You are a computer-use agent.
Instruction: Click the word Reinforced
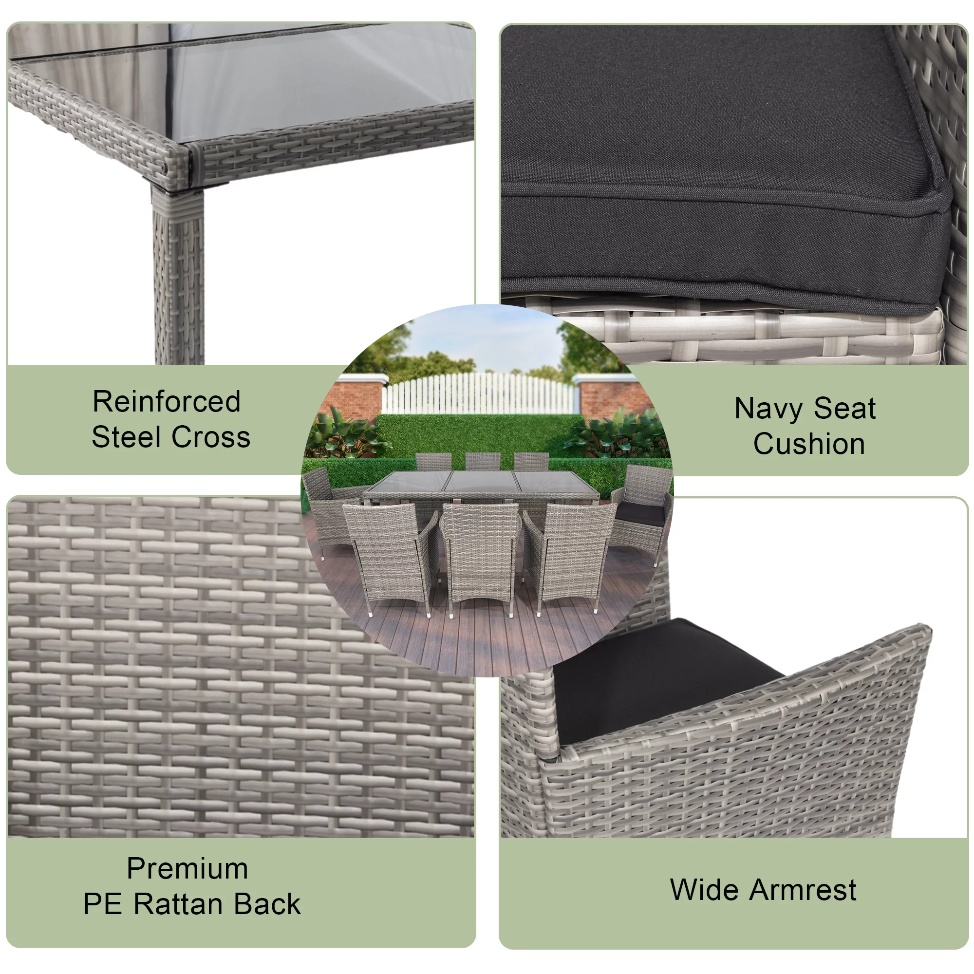[167, 402]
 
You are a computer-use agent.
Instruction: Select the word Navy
[768, 409]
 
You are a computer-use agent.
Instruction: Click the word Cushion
[808, 444]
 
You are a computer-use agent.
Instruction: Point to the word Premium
[187, 869]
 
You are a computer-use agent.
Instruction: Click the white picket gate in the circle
[479, 393]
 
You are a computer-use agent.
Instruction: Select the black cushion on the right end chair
[640, 513]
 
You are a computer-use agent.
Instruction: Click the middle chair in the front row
[480, 549]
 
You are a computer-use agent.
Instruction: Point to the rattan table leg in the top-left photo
[179, 277]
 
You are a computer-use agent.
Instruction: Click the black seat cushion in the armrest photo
[656, 675]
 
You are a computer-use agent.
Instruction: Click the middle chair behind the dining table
[483, 461]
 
